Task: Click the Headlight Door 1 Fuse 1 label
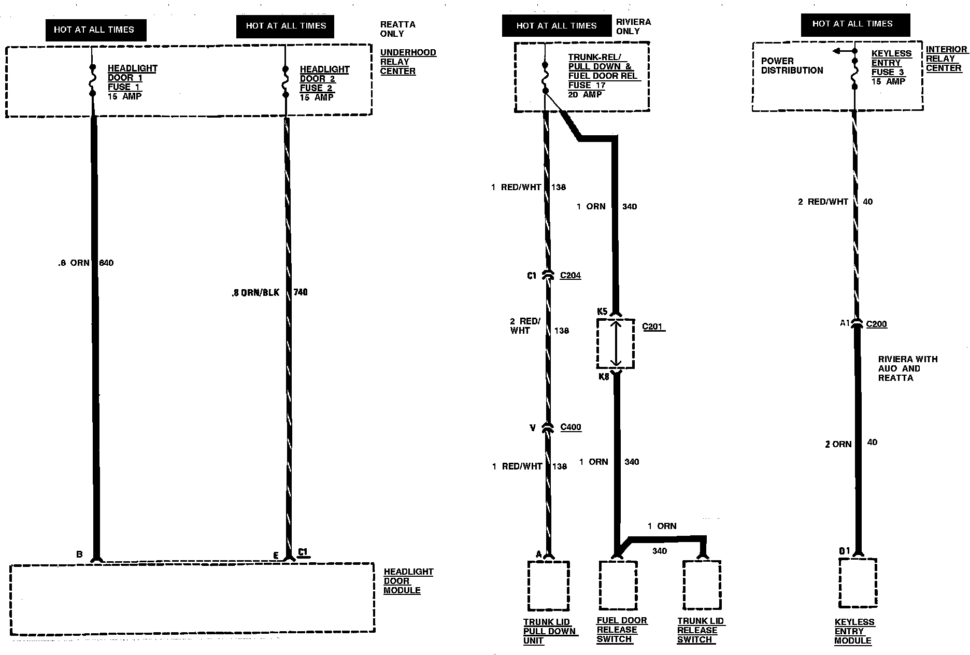[x=132, y=82]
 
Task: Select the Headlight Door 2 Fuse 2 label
[x=324, y=83]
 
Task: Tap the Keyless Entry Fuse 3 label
[x=891, y=67]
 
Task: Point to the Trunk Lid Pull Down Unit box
[x=548, y=586]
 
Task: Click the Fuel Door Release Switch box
[x=618, y=585]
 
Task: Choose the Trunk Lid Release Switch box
[x=702, y=585]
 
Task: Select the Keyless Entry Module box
[x=858, y=583]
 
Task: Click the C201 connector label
[x=653, y=326]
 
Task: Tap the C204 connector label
[x=570, y=276]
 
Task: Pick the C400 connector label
[x=571, y=427]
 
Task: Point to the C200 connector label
[x=877, y=324]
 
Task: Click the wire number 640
[x=106, y=263]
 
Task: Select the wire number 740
[x=301, y=292]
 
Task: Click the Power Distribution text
[x=792, y=66]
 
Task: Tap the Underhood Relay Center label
[x=408, y=62]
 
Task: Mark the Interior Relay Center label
[x=946, y=59]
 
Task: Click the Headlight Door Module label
[x=408, y=581]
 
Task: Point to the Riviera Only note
[x=633, y=26]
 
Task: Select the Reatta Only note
[x=397, y=29]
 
